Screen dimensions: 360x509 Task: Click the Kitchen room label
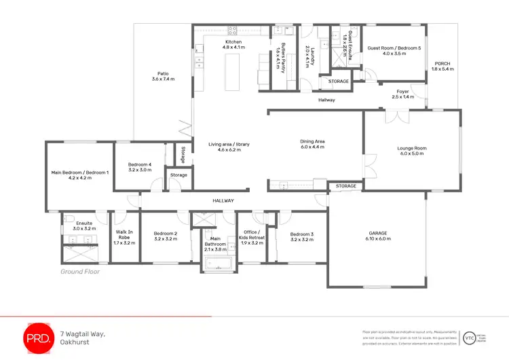[233, 42]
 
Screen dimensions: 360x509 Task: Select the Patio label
[163, 73]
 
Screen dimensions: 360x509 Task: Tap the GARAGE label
[377, 233]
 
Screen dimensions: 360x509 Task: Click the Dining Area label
[313, 141]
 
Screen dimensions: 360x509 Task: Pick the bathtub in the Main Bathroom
[217, 264]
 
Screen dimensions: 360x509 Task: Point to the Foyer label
[403, 92]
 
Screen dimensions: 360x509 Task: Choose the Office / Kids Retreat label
[252, 236]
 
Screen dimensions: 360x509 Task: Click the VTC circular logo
[468, 338]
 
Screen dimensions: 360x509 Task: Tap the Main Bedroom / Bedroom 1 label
[80, 173]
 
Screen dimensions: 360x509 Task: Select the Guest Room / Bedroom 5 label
[394, 48]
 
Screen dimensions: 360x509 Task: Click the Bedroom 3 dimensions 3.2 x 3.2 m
[301, 240]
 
